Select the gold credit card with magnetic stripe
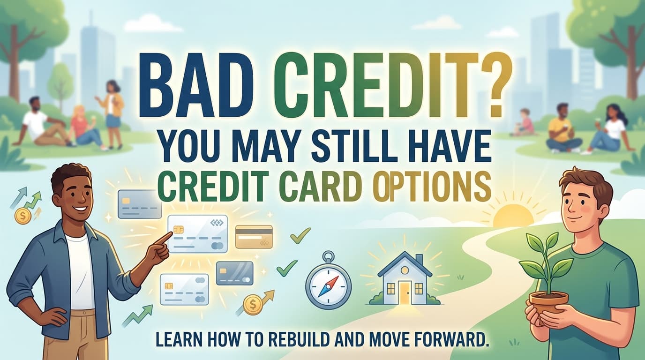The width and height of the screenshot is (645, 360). [254, 236]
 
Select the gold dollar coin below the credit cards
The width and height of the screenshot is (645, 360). [252, 304]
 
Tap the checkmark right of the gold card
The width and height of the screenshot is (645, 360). [300, 235]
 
